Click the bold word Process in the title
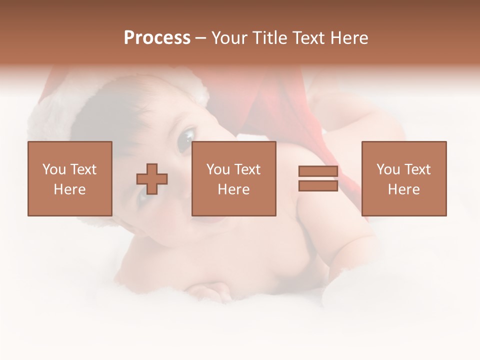157,38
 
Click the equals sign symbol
318,178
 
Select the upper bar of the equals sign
318,171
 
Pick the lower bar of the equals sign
318,185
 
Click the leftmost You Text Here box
69,178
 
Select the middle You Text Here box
233,178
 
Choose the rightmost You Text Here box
403,178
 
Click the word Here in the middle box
233,189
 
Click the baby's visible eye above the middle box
186,137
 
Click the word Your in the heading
230,38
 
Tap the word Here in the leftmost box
69,189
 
